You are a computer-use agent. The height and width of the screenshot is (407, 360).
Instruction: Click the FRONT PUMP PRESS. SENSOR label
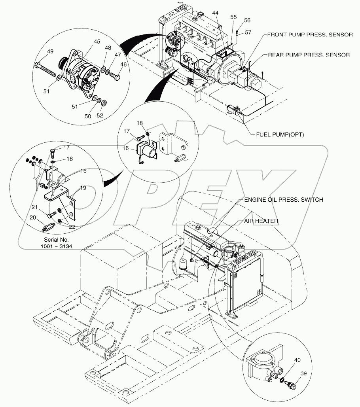(x=310, y=34)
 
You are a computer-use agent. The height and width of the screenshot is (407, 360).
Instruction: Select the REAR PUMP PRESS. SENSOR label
(x=309, y=55)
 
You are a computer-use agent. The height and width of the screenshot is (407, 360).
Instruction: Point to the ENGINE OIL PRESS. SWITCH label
(x=283, y=200)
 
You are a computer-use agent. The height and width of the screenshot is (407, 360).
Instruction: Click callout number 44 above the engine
(x=215, y=13)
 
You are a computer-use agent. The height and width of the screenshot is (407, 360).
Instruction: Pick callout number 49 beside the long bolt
(x=51, y=51)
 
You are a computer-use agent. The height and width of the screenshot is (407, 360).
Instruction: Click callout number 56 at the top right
(x=247, y=20)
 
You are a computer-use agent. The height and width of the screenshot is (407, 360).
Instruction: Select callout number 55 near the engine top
(x=233, y=17)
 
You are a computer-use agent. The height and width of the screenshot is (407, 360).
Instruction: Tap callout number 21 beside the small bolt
(x=35, y=207)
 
